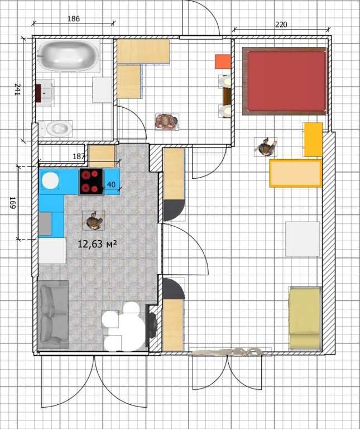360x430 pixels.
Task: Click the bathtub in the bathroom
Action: [x=68, y=55]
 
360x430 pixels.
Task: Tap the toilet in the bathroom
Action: [x=58, y=129]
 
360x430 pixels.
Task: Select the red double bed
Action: [x=285, y=81]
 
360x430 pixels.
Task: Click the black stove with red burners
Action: [x=92, y=181]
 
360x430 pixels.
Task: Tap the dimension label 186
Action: [x=73, y=18]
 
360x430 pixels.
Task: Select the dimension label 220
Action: [x=281, y=25]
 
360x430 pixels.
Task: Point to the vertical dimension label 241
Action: [x=17, y=89]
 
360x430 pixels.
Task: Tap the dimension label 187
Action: [x=80, y=157]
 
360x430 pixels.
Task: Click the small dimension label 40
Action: [x=111, y=185]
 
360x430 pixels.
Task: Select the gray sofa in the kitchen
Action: [x=53, y=313]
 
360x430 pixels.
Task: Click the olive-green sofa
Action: [x=305, y=318]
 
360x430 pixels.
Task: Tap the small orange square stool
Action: [x=223, y=61]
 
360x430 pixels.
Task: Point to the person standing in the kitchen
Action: [x=94, y=221]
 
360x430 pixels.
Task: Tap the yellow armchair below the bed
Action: [x=313, y=140]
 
